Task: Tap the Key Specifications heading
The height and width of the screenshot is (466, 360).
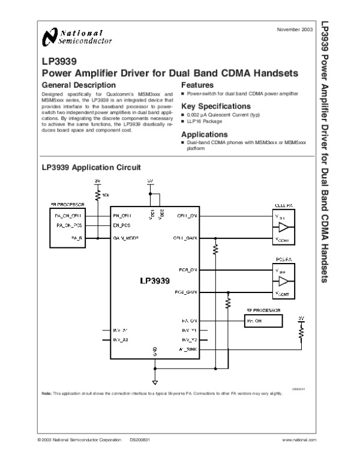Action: click(212, 106)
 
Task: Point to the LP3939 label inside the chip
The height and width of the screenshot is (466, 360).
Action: click(155, 280)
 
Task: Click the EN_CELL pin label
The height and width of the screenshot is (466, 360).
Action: click(122, 215)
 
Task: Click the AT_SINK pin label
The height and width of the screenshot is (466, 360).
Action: click(188, 348)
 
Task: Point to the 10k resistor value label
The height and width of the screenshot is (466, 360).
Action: click(106, 195)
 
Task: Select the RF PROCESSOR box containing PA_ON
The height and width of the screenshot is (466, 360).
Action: click(262, 322)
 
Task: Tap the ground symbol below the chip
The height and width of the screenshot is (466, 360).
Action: click(155, 381)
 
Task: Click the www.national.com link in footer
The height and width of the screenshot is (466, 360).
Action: click(298, 440)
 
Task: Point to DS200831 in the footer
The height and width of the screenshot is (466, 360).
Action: click(139, 440)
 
